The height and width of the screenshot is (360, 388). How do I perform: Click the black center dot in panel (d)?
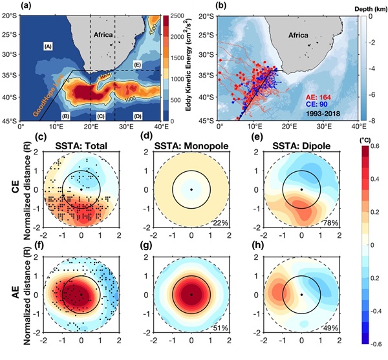click(191, 189)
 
